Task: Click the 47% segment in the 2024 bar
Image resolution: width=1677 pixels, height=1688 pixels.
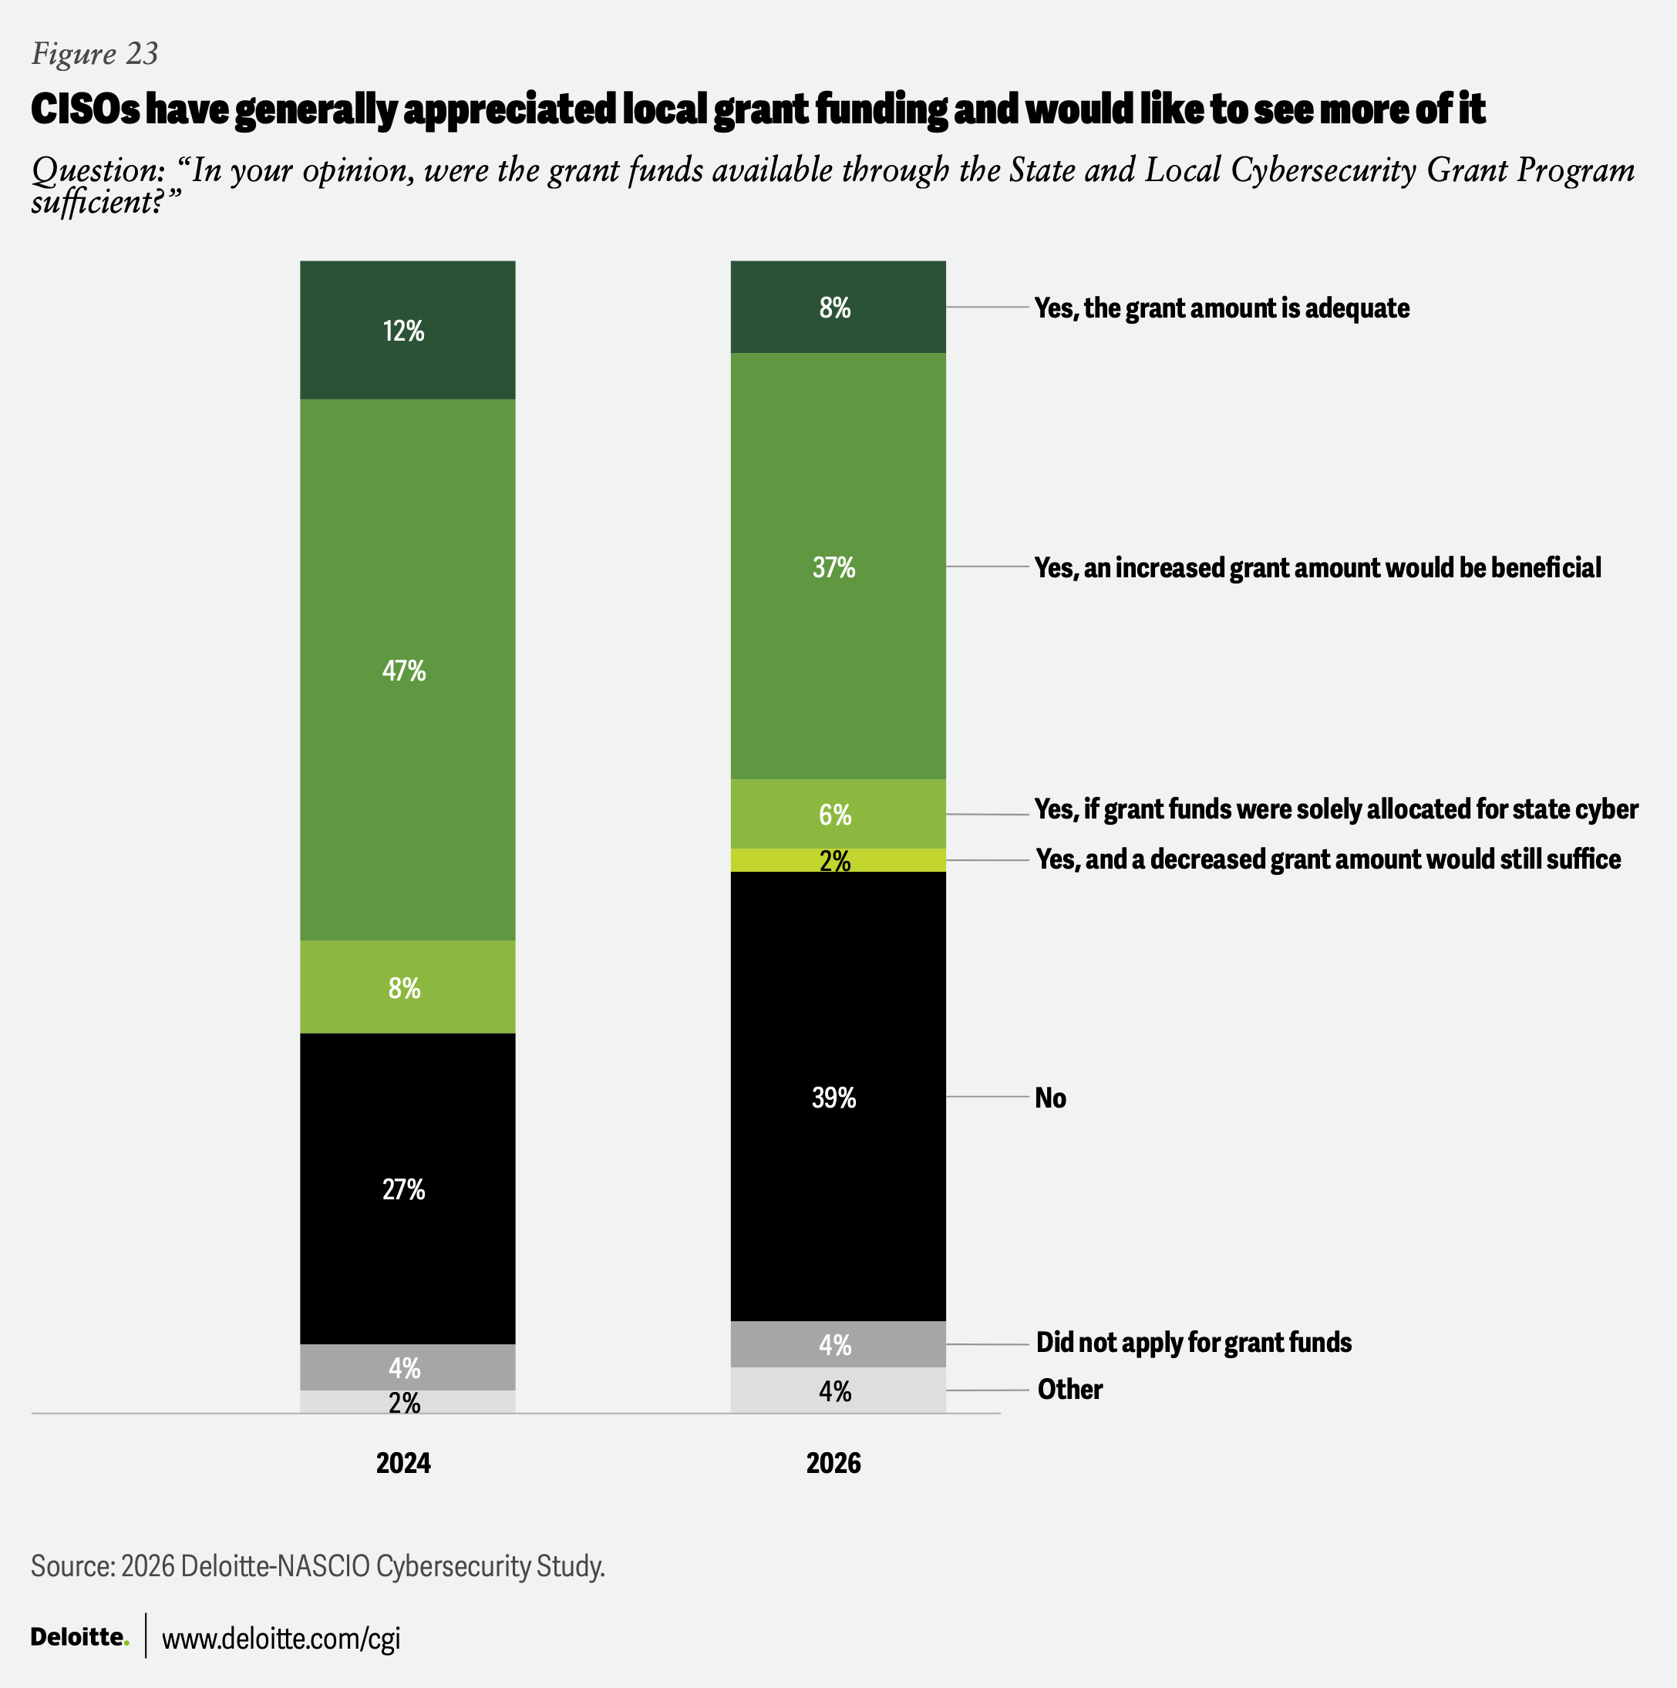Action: click(x=407, y=669)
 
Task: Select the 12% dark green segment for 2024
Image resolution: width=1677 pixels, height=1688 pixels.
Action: click(x=407, y=329)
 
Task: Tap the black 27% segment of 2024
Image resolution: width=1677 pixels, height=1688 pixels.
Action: click(x=407, y=1189)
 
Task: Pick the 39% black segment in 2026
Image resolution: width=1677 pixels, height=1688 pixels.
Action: click(x=837, y=1097)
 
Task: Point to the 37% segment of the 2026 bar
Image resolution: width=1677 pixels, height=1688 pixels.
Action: click(x=837, y=567)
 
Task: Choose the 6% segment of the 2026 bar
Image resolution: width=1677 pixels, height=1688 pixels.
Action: click(x=837, y=813)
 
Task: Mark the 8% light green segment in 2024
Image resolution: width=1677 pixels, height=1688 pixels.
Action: click(x=407, y=987)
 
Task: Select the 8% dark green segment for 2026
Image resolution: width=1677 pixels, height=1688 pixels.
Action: click(x=837, y=307)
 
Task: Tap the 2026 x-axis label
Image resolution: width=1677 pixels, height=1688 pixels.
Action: click(x=833, y=1463)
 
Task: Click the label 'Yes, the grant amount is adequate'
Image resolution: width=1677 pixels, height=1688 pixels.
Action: click(x=1221, y=308)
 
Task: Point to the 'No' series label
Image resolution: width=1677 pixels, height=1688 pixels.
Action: click(x=1050, y=1098)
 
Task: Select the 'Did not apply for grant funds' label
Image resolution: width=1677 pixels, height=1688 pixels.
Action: click(x=1194, y=1342)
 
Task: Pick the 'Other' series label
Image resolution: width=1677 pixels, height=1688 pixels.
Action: click(x=1069, y=1389)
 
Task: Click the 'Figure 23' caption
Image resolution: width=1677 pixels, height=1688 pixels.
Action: click(x=94, y=54)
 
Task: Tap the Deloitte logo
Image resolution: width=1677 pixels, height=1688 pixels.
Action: click(x=79, y=1636)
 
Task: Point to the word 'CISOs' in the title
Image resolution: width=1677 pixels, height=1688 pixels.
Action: click(x=85, y=109)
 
